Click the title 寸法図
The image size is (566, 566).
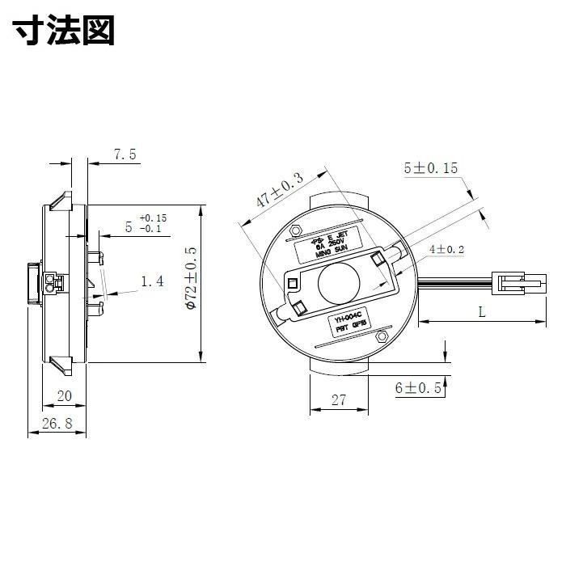click(x=65, y=32)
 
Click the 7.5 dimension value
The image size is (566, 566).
click(x=125, y=154)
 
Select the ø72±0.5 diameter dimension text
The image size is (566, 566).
click(x=192, y=280)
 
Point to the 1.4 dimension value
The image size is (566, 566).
click(x=152, y=281)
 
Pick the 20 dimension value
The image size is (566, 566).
click(x=65, y=395)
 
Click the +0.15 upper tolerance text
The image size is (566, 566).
click(x=153, y=218)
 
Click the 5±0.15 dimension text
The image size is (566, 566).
click(x=430, y=168)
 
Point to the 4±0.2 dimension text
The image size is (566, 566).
click(x=446, y=251)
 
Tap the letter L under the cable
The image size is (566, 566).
click(x=482, y=311)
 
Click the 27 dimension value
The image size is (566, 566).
click(x=339, y=399)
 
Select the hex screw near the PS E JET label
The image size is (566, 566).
click(x=296, y=230)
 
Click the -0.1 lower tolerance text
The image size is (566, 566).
click(x=153, y=229)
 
